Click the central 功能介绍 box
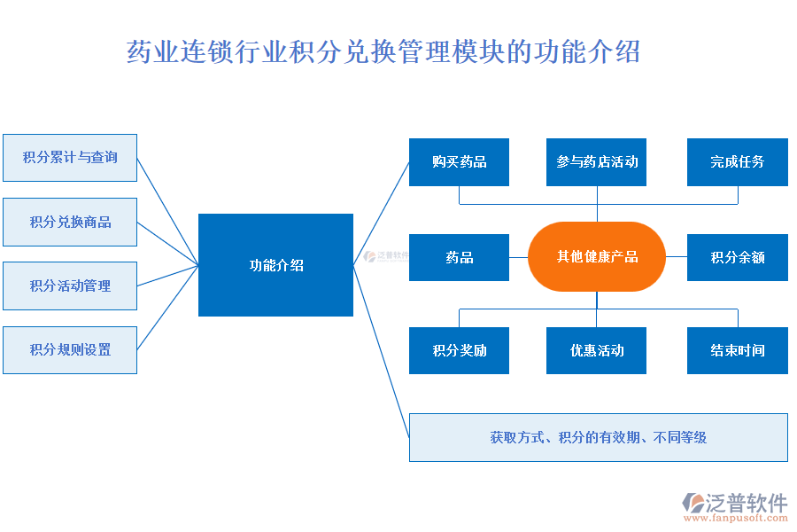point(275,265)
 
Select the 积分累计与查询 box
point(70,158)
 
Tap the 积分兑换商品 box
point(70,222)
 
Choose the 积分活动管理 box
point(70,286)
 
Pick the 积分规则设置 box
point(70,349)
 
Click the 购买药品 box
point(459,162)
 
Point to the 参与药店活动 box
point(596,162)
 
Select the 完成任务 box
point(737,162)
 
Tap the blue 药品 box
point(459,257)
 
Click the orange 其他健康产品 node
point(596,257)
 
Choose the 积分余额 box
point(737,257)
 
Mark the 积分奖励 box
point(459,350)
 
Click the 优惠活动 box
point(596,350)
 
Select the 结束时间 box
point(737,350)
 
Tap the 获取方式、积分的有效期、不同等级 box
point(598,437)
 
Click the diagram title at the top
point(383,51)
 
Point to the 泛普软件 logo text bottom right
point(746,503)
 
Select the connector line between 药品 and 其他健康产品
point(518,257)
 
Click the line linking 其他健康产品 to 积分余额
point(676,257)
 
